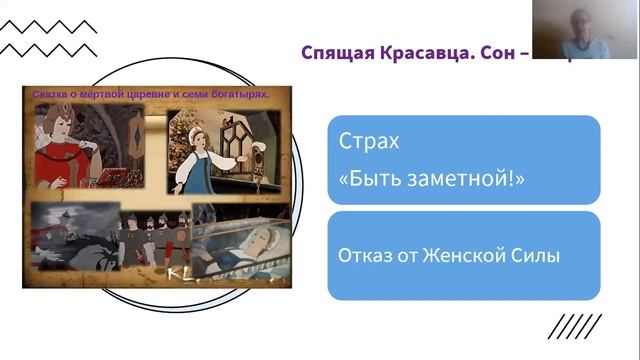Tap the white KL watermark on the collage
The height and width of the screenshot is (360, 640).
[181, 273]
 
